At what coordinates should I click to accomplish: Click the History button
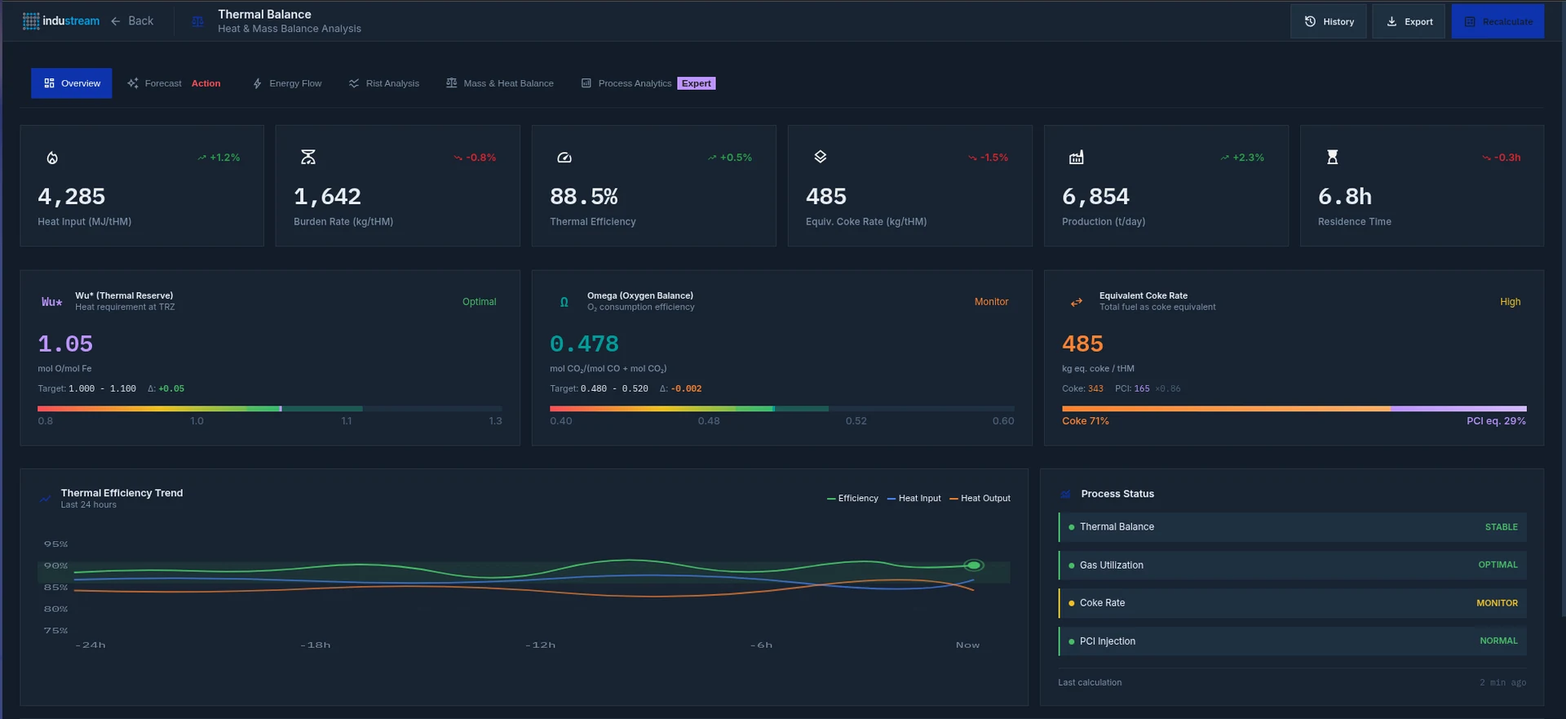(x=1328, y=22)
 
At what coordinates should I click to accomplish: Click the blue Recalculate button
(x=1497, y=22)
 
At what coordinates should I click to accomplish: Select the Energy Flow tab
(x=287, y=83)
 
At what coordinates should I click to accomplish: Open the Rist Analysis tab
(x=384, y=83)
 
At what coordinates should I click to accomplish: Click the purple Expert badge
(x=696, y=83)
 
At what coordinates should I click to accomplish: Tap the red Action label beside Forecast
(x=206, y=83)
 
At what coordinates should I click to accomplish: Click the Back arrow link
(x=132, y=21)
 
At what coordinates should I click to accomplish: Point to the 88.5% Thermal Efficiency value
(x=584, y=197)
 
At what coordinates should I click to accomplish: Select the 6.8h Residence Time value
(x=1345, y=197)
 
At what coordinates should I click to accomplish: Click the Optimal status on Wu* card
(x=479, y=302)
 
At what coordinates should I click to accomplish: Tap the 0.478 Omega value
(x=584, y=344)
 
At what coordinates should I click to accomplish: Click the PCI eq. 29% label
(x=1496, y=421)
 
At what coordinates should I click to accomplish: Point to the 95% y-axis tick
(x=56, y=544)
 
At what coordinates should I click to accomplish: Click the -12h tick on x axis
(x=540, y=645)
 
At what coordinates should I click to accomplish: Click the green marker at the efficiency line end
(x=973, y=565)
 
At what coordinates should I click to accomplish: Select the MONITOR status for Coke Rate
(x=1497, y=603)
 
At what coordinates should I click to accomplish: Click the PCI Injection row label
(x=1107, y=641)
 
